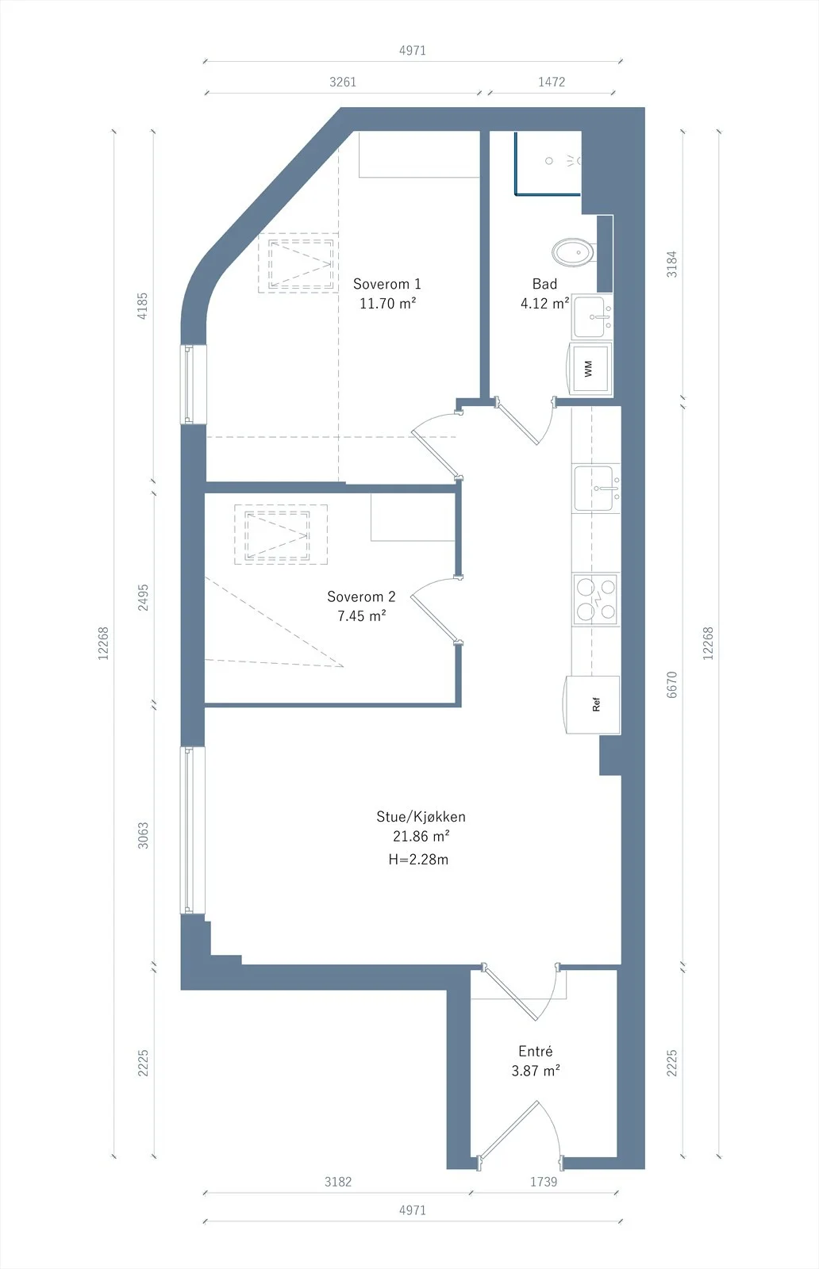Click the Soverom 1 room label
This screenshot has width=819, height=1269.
(x=387, y=284)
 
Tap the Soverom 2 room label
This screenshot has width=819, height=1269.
(x=361, y=596)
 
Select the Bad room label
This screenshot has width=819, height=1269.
(x=544, y=284)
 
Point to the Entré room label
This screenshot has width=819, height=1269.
(x=536, y=1052)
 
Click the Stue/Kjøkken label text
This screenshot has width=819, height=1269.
(x=421, y=817)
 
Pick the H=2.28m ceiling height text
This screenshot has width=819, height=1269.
(x=418, y=860)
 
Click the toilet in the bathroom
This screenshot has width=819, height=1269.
(x=574, y=252)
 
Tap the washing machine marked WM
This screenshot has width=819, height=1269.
(x=590, y=369)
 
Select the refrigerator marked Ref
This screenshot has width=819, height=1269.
(x=593, y=705)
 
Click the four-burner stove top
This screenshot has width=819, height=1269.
(x=596, y=600)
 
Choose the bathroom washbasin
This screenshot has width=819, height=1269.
(x=592, y=317)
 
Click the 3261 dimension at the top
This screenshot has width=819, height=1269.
(x=343, y=82)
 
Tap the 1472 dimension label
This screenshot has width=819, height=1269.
(x=552, y=82)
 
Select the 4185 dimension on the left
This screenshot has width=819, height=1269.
(x=142, y=306)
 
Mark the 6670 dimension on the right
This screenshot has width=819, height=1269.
(x=671, y=684)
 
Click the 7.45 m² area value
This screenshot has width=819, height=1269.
(x=362, y=615)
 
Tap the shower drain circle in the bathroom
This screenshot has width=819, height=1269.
(x=548, y=161)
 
